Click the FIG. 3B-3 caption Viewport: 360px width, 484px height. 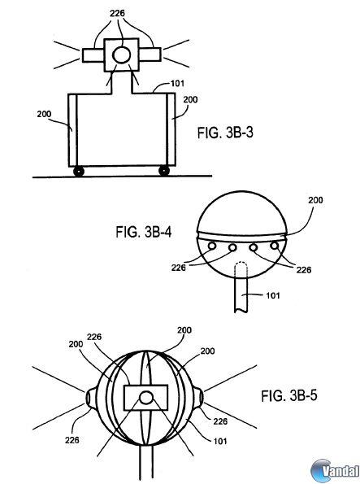(225, 133)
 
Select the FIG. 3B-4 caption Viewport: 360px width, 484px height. (144, 232)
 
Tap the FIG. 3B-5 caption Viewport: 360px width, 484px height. (289, 395)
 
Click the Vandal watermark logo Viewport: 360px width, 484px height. (335, 471)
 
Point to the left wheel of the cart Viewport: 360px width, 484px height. (79, 171)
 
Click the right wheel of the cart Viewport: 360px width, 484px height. (164, 170)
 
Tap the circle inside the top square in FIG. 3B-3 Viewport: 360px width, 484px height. (122, 55)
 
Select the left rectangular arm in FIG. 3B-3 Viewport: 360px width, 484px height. (93, 55)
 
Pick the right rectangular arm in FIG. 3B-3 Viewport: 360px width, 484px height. (150, 55)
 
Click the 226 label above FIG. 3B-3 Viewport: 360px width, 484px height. (117, 13)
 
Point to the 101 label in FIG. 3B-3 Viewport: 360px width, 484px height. (177, 83)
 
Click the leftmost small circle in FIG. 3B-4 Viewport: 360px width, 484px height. (212, 246)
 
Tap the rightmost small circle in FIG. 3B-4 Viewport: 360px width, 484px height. (274, 246)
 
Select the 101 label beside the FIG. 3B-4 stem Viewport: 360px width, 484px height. (273, 295)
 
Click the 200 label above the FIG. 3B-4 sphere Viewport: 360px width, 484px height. (315, 200)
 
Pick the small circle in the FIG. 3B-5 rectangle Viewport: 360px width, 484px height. (146, 398)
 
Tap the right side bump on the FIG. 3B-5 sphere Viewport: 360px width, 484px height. (199, 397)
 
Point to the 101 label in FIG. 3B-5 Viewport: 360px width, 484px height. (220, 441)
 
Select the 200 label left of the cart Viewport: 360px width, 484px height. (44, 114)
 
